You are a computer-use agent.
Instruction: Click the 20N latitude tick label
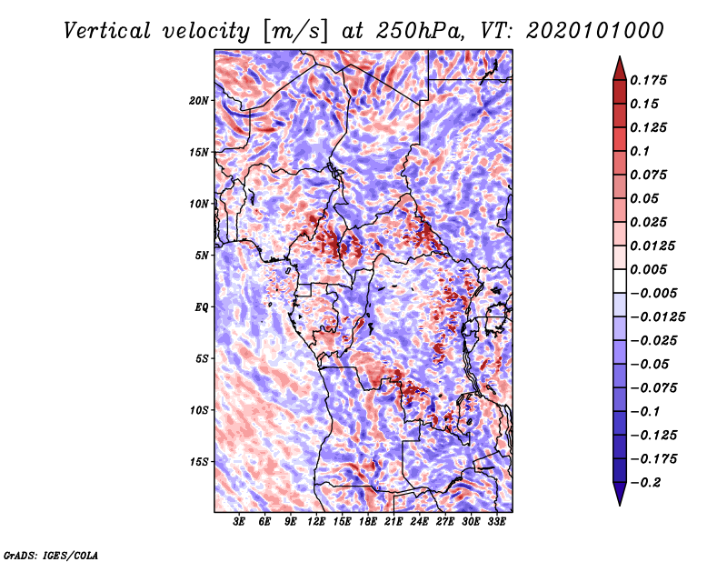coord(199,100)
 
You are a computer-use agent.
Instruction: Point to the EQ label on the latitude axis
coord(201,306)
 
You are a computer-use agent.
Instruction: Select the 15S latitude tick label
coord(199,461)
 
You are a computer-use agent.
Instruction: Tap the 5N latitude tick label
coord(202,255)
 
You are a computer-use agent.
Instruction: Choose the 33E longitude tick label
coord(497,522)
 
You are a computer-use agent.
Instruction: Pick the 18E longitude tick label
coord(368,522)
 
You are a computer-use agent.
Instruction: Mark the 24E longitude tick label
coord(420,522)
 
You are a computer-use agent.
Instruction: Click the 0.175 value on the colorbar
coord(652,80)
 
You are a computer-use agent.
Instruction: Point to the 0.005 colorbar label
coord(652,269)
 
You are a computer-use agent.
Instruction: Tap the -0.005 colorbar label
coord(656,293)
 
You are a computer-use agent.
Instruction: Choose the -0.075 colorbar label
coord(656,387)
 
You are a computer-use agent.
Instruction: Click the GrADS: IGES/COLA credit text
coord(50,554)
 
